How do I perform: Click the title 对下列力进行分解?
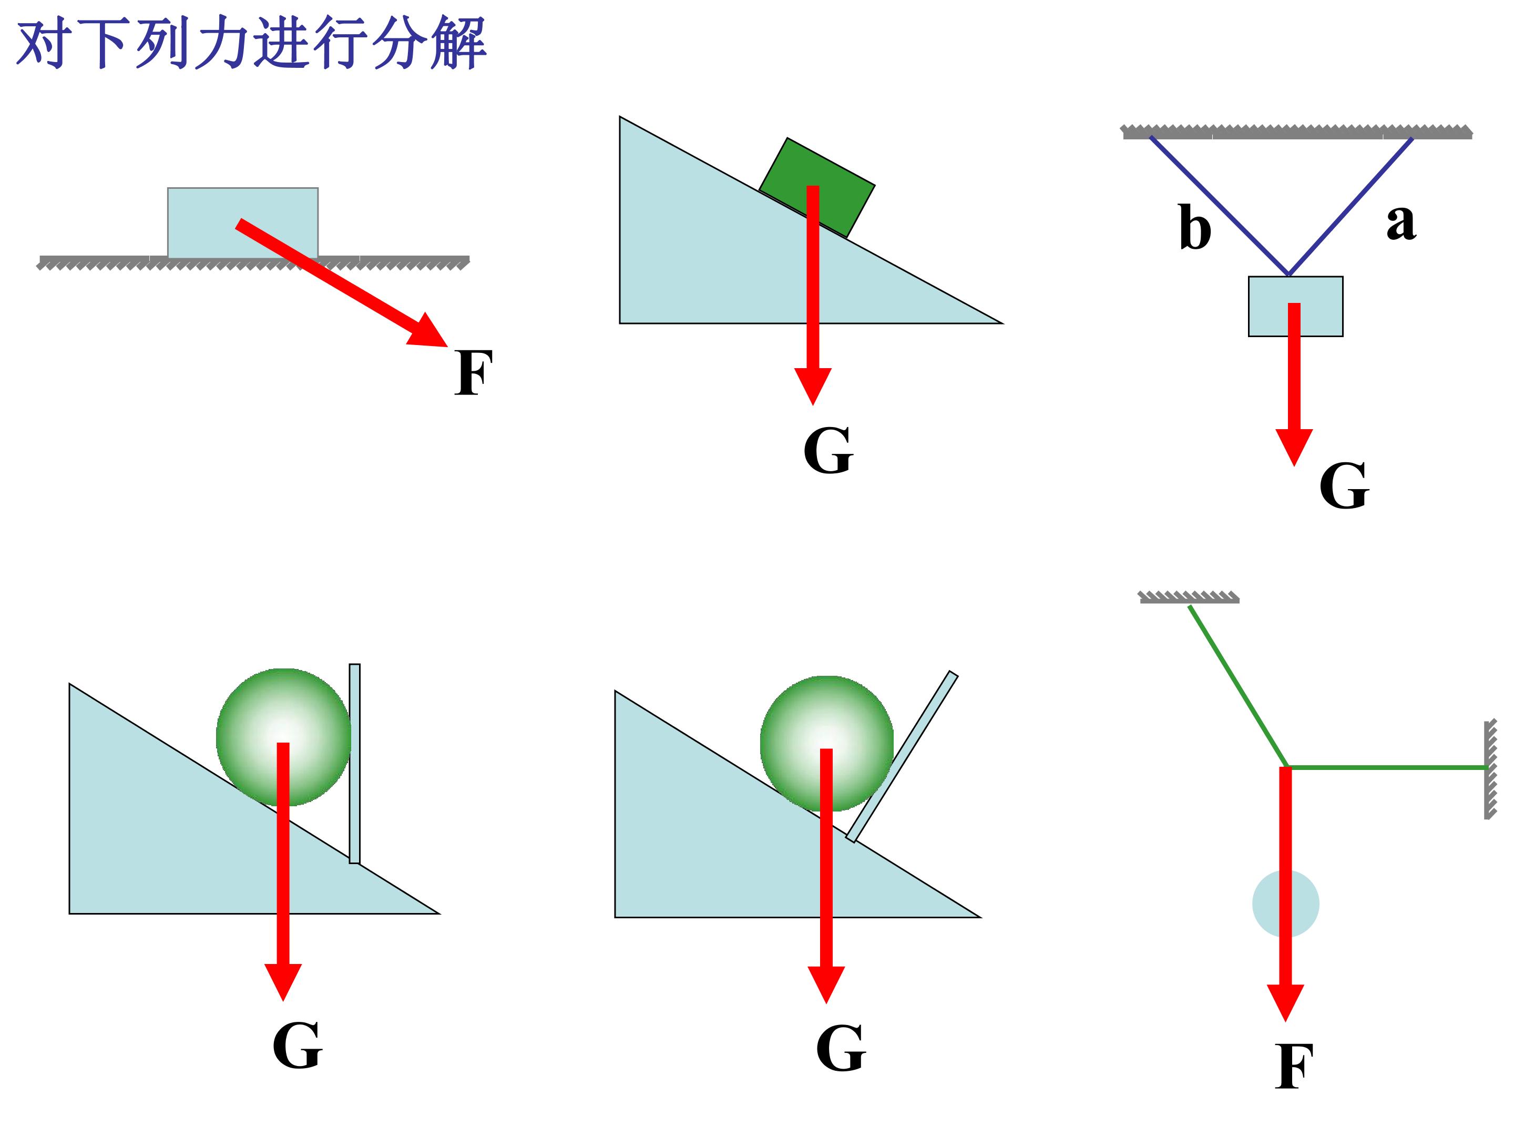pos(251,44)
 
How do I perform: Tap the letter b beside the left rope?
pos(1194,226)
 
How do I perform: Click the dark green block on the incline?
pos(816,188)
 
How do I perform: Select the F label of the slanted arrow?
pos(473,372)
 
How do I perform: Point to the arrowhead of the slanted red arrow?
pos(429,331)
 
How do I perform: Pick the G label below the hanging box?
pos(1344,485)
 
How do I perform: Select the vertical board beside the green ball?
pos(354,764)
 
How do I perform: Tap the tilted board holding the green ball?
pos(902,757)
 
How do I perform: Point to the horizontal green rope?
pos(1387,768)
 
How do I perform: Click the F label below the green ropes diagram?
pos(1294,1066)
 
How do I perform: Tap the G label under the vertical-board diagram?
pos(297,1045)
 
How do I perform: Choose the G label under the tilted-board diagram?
pos(841,1048)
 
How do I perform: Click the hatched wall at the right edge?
pos(1490,769)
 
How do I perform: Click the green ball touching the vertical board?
pos(283,737)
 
